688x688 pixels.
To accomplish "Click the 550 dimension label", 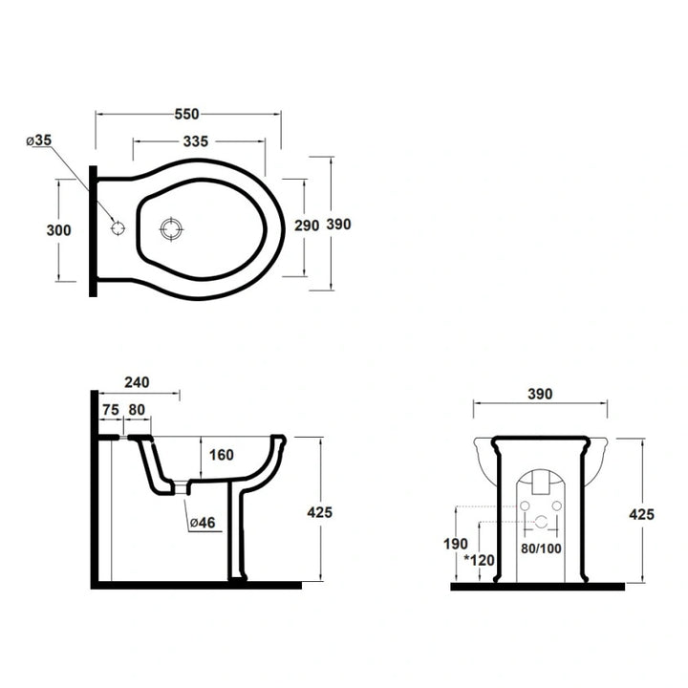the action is coord(187,114).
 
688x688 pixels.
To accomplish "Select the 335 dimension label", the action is coord(196,141).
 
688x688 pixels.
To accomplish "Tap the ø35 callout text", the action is coord(39,140).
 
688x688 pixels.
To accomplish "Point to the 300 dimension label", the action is coord(59,230).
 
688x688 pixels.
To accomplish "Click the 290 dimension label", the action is coord(307,226).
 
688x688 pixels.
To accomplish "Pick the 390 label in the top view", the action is coord(338,225).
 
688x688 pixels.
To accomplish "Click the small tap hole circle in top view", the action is coord(118,228).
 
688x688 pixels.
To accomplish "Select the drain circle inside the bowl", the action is coord(171,229).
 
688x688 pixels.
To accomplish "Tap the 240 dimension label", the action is coord(137,382).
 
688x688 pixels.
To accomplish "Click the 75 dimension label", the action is coord(111,410).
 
